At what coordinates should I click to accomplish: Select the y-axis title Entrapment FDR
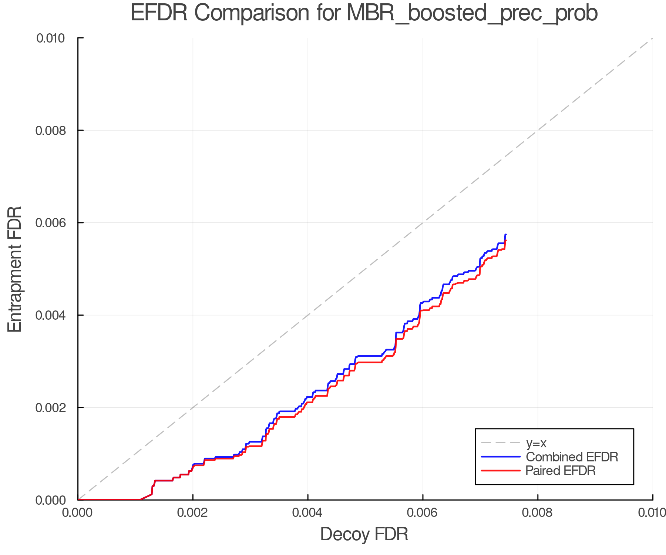coord(15,269)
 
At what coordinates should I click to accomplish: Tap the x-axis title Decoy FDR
coord(364,534)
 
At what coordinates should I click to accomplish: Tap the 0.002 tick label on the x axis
coord(193,512)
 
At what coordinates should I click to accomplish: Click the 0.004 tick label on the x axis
coord(308,512)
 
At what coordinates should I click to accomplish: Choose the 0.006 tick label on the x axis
coord(423,512)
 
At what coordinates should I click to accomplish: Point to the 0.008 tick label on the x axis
coord(538,512)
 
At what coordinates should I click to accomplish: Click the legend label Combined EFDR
coord(572,457)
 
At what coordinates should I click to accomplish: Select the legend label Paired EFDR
coord(561,471)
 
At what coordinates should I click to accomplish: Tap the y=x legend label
coord(536,443)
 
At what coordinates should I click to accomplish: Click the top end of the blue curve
coord(505,235)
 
